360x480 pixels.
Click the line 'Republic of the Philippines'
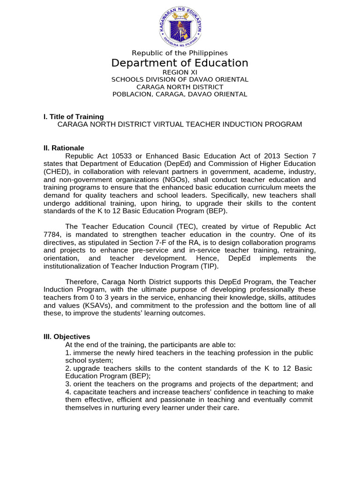(x=180, y=53)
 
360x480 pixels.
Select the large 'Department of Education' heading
(x=180, y=63)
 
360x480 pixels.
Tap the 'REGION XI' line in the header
(x=180, y=72)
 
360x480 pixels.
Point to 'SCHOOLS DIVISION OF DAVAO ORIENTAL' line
(x=180, y=80)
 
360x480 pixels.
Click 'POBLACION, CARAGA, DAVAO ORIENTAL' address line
(x=180, y=94)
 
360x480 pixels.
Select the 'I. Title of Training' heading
(x=74, y=117)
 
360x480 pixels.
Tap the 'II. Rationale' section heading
(x=64, y=148)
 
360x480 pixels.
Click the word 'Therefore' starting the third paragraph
(x=82, y=282)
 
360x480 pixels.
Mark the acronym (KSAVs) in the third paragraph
(x=89, y=306)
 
